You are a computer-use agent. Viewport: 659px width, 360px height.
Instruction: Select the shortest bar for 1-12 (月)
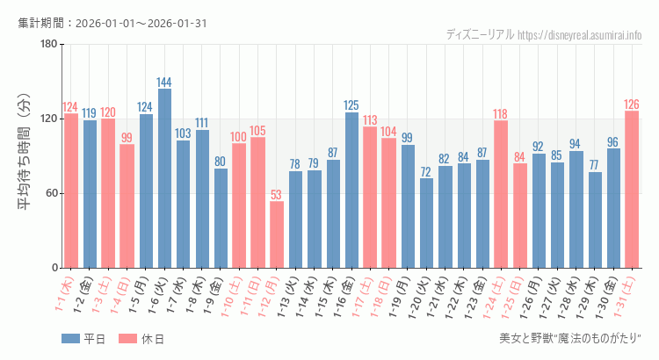(277, 234)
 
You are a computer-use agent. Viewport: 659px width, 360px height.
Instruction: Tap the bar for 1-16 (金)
(351, 190)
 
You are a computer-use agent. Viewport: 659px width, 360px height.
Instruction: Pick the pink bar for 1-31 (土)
(632, 189)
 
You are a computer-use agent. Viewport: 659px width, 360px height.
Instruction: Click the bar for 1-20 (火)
(426, 223)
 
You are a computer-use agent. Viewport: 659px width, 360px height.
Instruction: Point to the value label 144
(164, 83)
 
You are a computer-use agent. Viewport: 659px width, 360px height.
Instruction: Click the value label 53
(277, 195)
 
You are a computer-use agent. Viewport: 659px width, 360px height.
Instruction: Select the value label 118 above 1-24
(501, 114)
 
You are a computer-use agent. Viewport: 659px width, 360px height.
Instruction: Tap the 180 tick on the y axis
(49, 45)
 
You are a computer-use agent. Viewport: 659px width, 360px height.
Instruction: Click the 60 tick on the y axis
(52, 194)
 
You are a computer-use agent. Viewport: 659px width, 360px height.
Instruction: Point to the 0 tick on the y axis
(54, 268)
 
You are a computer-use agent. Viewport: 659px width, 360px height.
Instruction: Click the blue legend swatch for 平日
(70, 339)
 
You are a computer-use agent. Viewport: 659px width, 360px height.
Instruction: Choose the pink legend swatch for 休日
(127, 339)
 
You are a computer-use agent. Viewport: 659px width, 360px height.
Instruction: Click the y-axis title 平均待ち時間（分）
(25, 155)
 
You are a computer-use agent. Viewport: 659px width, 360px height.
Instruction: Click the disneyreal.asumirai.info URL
(579, 35)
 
